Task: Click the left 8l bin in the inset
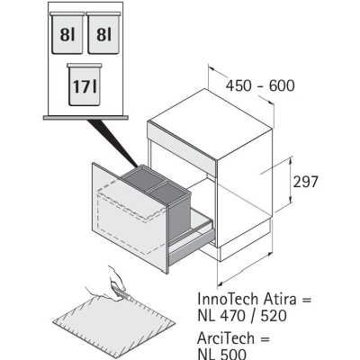[67, 33]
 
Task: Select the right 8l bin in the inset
[103, 33]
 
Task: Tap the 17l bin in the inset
[85, 85]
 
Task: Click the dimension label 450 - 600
[260, 85]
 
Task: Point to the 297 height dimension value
[305, 182]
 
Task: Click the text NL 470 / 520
[242, 316]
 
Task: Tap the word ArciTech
[226, 338]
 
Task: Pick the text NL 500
[222, 354]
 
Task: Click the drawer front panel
[130, 217]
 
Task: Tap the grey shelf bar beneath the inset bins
[85, 118]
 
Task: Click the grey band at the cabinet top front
[182, 145]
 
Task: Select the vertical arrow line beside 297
[290, 181]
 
